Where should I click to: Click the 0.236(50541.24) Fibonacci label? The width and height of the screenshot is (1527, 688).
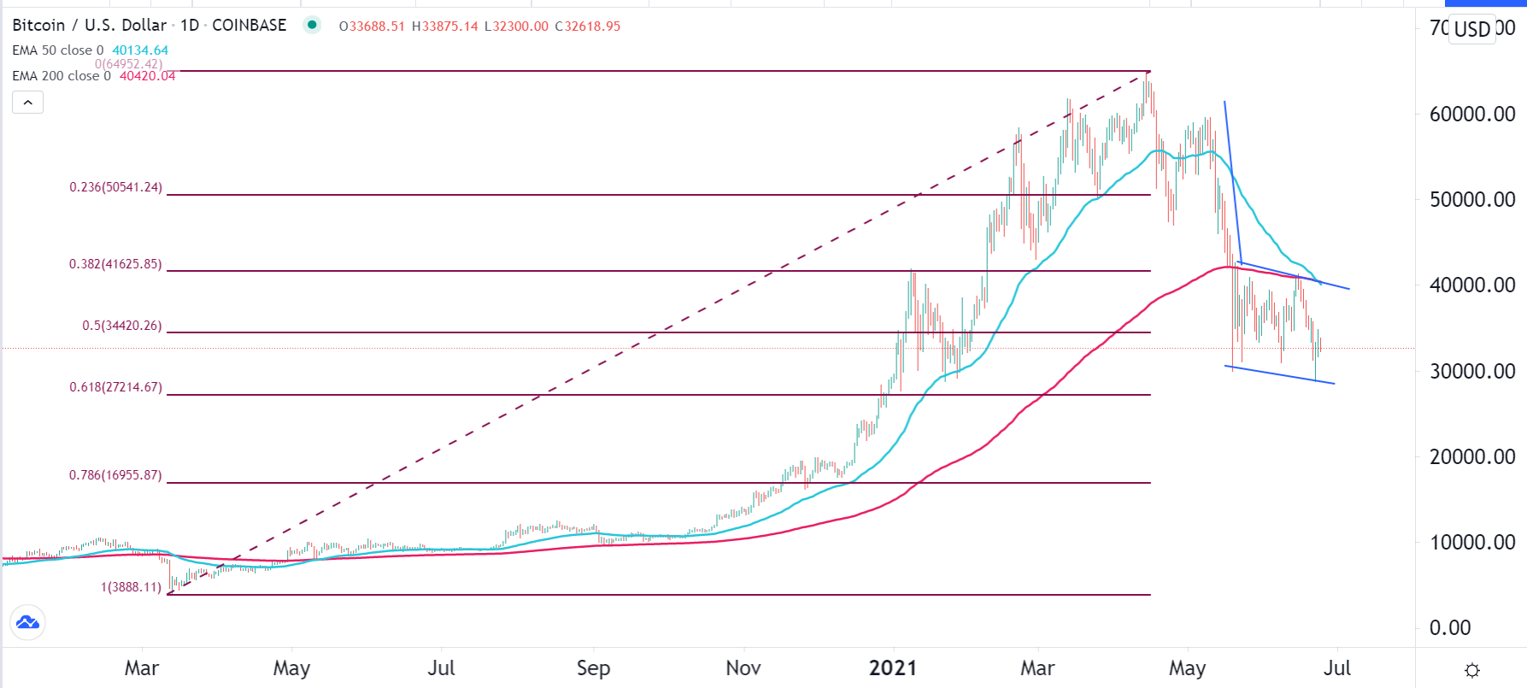tap(115, 187)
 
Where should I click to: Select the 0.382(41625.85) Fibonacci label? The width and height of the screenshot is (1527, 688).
tap(115, 264)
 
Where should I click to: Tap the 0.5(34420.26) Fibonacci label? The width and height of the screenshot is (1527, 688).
tap(121, 326)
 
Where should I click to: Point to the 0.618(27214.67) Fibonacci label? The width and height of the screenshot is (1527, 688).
tap(115, 387)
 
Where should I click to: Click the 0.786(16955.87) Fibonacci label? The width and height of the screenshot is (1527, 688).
tap(115, 475)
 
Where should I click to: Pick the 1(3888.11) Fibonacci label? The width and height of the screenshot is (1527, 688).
tap(131, 587)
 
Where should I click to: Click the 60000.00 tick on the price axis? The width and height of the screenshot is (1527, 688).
tap(1471, 114)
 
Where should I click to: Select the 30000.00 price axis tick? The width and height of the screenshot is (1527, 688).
tap(1471, 371)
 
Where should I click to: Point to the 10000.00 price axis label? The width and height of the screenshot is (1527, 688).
tap(1471, 542)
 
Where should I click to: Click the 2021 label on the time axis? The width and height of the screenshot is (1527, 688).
tap(893, 667)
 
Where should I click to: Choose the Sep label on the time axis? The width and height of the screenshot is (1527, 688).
tap(593, 667)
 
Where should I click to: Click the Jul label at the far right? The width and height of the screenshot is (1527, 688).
tap(1336, 667)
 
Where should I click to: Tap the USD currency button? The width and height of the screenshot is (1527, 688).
tap(1472, 29)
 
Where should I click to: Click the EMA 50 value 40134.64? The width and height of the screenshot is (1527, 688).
tap(140, 50)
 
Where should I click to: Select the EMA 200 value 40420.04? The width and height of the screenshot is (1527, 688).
tap(147, 76)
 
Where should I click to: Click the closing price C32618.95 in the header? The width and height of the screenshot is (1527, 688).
tap(588, 26)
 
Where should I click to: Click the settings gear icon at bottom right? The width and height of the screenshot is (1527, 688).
tap(1471, 670)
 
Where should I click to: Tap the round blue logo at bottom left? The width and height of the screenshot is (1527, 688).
tap(27, 622)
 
